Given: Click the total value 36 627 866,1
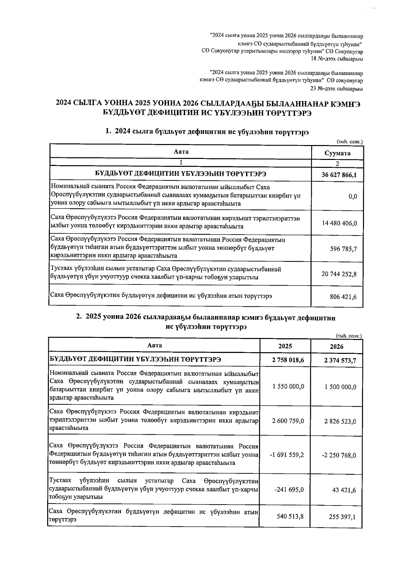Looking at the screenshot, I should pos(339,175).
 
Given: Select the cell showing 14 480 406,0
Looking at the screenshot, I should pos(339,223).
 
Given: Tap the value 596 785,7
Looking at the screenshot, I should pos(343,249).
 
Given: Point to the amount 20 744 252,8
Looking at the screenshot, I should pos(339,274).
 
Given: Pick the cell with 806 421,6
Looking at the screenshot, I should pos(343,297).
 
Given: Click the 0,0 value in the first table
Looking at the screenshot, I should pos(352,197).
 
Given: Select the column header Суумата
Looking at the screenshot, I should pos(337,153).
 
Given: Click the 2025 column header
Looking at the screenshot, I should pos(285,346).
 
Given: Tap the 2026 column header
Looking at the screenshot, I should pos(336,346).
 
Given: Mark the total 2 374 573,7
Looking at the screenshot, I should pos(340,360).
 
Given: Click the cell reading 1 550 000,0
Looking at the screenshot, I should pos(288,387).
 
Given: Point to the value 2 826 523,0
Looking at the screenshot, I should pos(340,421).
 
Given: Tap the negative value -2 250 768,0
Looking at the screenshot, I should pos(339,455).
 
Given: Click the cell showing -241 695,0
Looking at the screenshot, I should pos(289,490).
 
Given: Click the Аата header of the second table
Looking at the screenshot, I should pos(154,345).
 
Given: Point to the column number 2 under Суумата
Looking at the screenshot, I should pos(337,164).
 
